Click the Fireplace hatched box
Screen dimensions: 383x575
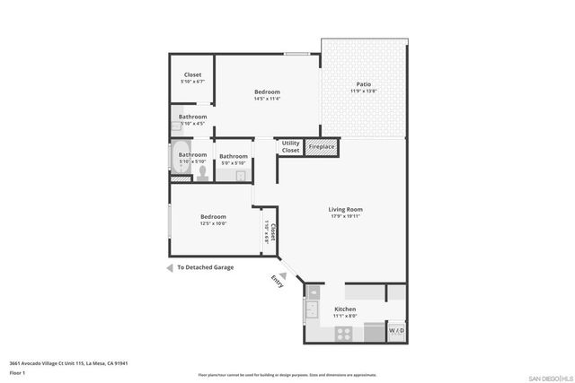click(321, 146)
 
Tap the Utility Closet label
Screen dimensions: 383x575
click(290, 146)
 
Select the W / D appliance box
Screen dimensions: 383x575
click(396, 332)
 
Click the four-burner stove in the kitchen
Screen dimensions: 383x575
click(345, 333)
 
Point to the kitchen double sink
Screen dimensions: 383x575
click(314, 309)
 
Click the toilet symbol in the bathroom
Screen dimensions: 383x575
click(202, 172)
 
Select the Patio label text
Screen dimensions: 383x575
click(363, 84)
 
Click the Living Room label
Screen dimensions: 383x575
click(345, 210)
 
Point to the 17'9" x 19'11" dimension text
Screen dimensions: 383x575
click(345, 217)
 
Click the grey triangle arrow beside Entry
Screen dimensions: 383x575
click(281, 276)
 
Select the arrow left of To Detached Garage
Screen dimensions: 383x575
click(169, 267)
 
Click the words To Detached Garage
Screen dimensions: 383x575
click(205, 267)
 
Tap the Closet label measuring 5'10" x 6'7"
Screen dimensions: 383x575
click(192, 74)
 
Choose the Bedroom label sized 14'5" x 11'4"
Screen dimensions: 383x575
click(267, 91)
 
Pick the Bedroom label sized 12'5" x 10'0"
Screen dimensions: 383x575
click(213, 216)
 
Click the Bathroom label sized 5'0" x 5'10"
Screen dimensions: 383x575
click(234, 156)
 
